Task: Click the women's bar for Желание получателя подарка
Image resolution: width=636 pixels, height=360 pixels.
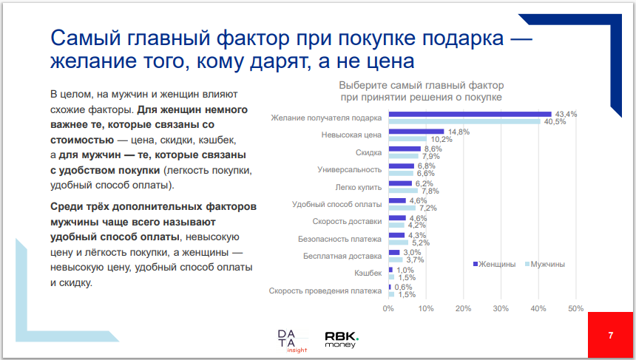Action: (470, 114)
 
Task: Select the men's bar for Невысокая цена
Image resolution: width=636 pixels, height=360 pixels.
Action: (407, 139)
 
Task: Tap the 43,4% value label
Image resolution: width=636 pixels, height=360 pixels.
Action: (566, 114)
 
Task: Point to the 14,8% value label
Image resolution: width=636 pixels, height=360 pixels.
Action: (459, 132)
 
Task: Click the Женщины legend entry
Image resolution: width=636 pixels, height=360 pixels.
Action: (493, 264)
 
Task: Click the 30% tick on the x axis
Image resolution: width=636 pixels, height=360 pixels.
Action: (501, 308)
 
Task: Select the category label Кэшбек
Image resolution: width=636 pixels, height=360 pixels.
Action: (368, 274)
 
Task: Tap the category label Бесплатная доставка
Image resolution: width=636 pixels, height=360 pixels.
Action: (342, 257)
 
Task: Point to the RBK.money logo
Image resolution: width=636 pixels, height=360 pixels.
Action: (342, 339)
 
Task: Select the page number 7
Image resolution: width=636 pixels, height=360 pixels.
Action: (610, 336)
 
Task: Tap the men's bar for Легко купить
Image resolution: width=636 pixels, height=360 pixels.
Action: (403, 191)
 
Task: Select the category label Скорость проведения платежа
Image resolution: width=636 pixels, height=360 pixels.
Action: (325, 291)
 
